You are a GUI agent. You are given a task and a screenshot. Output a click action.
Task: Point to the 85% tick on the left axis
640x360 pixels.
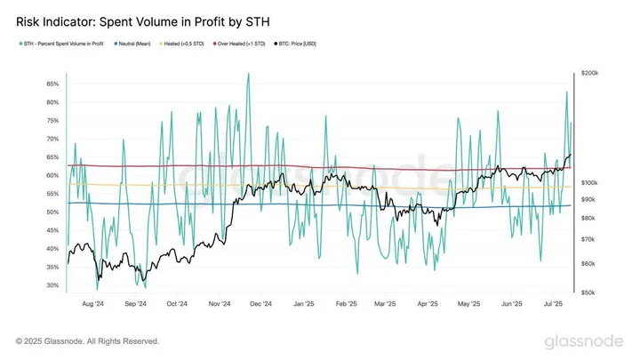click(52, 84)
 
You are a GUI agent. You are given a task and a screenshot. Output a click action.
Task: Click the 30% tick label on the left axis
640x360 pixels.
click(52, 285)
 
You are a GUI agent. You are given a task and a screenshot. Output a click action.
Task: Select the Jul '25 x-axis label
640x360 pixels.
click(556, 303)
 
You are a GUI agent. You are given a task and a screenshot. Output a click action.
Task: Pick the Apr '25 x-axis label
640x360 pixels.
click(428, 303)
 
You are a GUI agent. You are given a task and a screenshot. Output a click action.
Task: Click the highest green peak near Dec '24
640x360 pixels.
click(248, 74)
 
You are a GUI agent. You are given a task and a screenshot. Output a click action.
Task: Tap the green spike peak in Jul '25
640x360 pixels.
click(565, 92)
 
